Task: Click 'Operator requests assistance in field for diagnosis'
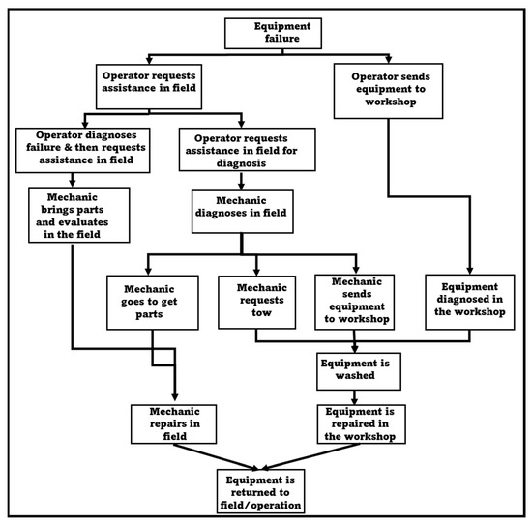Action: pyautogui.click(x=247, y=150)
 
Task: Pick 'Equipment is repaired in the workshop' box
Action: pyautogui.click(x=359, y=422)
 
